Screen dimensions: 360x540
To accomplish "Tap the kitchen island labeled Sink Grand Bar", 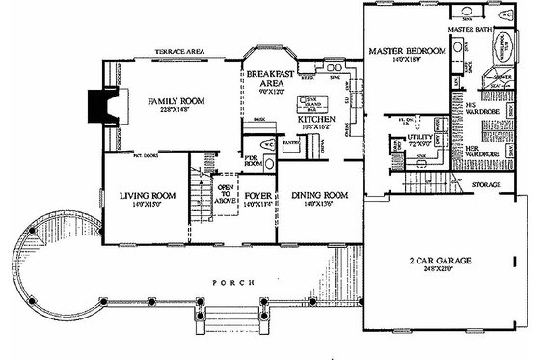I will [311, 104].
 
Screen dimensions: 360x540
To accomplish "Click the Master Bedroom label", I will [403, 50].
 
